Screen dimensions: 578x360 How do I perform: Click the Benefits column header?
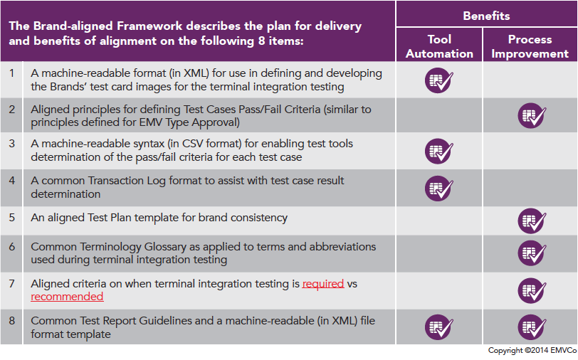[486, 16]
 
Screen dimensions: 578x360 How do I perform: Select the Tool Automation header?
[439, 46]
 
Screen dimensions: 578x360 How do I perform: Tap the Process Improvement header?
[530, 46]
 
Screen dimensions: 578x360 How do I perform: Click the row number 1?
[12, 73]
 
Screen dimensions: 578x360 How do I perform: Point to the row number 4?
[12, 181]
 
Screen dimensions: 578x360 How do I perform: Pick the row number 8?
[12, 321]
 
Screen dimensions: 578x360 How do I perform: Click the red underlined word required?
[323, 284]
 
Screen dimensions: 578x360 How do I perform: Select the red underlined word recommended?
[67, 297]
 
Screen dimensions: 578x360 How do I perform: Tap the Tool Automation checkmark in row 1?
[438, 80]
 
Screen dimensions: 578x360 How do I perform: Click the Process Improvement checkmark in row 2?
[532, 115]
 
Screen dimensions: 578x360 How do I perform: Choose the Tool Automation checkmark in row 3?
[438, 151]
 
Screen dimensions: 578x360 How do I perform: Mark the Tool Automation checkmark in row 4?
[438, 189]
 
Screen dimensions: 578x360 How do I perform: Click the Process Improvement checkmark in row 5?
[532, 221]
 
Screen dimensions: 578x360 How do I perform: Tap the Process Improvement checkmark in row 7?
[532, 290]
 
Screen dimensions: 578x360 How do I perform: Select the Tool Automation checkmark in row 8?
[438, 327]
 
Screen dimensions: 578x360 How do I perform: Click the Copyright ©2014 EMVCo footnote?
[532, 351]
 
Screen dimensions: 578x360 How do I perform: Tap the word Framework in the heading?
[149, 26]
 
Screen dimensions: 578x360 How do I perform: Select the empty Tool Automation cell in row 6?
[439, 254]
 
